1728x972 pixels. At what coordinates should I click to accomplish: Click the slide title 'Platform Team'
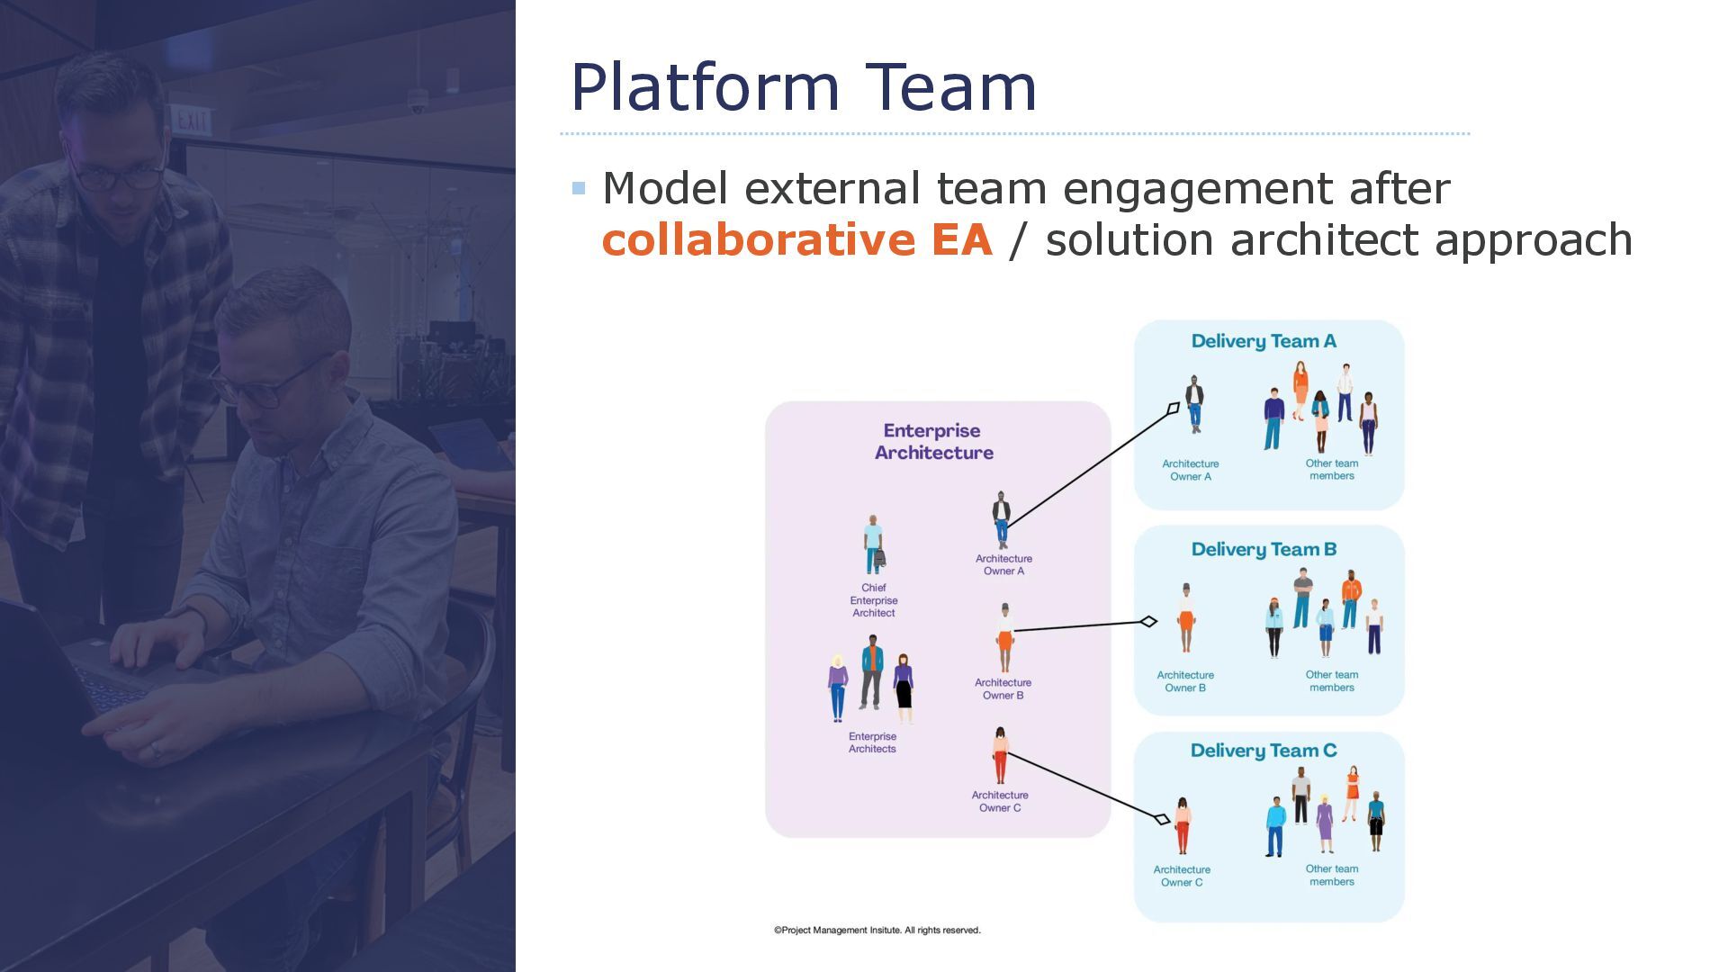(803, 87)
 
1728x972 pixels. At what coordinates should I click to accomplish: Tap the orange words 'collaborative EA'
(796, 240)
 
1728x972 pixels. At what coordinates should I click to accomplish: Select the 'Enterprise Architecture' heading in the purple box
(933, 442)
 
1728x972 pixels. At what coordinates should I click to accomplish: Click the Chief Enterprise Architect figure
(873, 545)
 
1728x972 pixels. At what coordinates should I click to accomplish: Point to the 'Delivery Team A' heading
(1264, 341)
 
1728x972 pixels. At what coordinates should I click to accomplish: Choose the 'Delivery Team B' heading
(1264, 550)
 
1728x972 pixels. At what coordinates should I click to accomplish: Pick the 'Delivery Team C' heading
(1264, 751)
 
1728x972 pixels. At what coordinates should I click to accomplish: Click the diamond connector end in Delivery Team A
(1173, 409)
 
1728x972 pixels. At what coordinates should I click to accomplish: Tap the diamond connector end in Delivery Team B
(1148, 621)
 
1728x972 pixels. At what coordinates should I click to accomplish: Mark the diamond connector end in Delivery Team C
(1161, 819)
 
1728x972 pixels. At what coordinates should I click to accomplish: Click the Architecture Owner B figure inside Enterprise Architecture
(1004, 637)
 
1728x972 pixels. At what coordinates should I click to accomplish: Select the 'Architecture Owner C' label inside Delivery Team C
(1182, 876)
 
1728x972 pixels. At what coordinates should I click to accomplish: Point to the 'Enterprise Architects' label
(872, 742)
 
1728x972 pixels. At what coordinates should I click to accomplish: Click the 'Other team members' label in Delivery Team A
(1332, 470)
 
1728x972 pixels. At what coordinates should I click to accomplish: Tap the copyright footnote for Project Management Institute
(877, 931)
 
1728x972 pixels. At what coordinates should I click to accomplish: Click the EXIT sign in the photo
(191, 120)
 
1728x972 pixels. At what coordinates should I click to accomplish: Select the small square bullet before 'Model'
(579, 188)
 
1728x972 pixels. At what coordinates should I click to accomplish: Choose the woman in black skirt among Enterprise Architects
(904, 688)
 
